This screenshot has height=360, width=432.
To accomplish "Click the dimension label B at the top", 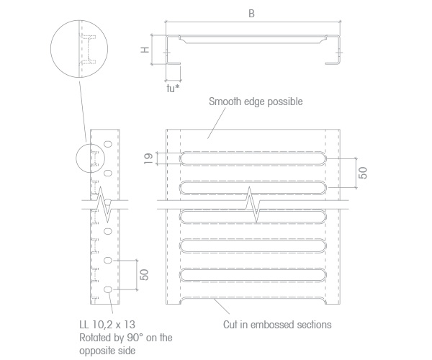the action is [x=251, y=14].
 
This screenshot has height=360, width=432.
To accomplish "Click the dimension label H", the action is [x=145, y=50].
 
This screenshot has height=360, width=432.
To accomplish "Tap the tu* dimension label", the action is [x=174, y=89].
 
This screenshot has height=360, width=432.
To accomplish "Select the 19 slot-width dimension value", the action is [x=148, y=158].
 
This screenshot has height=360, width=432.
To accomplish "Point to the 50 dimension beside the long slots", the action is [x=364, y=173].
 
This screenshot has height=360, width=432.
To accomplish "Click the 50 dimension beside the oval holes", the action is [x=144, y=274].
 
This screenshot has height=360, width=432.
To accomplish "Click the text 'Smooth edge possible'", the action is [x=256, y=102].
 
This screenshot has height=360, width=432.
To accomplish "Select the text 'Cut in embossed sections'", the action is [x=277, y=325].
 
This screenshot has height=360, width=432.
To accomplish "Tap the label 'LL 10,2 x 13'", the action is [x=107, y=325].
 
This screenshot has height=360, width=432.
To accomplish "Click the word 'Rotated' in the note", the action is [x=95, y=338].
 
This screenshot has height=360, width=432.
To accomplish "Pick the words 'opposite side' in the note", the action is [x=107, y=351].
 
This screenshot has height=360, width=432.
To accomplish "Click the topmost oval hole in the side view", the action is [x=108, y=144].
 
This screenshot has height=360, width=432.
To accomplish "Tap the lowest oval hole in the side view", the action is [x=108, y=289].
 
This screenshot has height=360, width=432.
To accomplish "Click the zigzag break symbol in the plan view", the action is [x=253, y=204].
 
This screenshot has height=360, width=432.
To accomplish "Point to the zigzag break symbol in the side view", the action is [x=104, y=204].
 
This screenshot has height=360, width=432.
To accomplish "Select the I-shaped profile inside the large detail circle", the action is [x=88, y=49].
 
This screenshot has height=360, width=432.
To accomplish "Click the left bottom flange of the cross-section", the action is [x=174, y=63].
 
